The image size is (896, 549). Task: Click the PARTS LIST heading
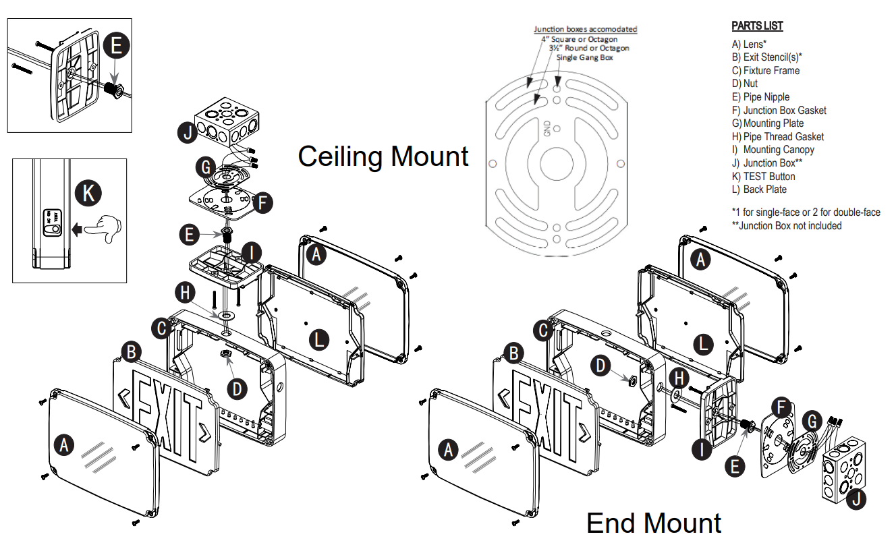pyautogui.click(x=757, y=26)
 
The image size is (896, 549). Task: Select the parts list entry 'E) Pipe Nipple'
pyautogui.click(x=761, y=96)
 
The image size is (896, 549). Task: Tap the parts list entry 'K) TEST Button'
pyautogui.click(x=764, y=176)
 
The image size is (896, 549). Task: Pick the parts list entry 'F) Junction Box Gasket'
pyautogui.click(x=779, y=110)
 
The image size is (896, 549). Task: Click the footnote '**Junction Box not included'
pyautogui.click(x=787, y=225)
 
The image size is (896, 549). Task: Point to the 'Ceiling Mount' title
pyautogui.click(x=383, y=156)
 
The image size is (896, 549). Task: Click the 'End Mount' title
pyautogui.click(x=654, y=523)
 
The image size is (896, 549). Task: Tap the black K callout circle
pyautogui.click(x=88, y=193)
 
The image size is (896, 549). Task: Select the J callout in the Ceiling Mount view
pyautogui.click(x=188, y=133)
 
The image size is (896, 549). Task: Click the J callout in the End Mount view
pyautogui.click(x=856, y=499)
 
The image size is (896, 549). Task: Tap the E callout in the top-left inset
pyautogui.click(x=117, y=45)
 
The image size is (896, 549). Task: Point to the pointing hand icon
pyautogui.click(x=103, y=229)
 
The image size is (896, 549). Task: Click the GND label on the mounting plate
pyautogui.click(x=547, y=128)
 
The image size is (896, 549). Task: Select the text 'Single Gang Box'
pyautogui.click(x=584, y=57)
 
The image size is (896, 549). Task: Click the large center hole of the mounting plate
pyautogui.click(x=557, y=163)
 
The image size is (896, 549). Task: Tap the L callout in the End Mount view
pyautogui.click(x=703, y=345)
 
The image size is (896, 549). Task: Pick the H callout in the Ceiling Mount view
pyautogui.click(x=185, y=292)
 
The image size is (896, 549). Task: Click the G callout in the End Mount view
pyautogui.click(x=812, y=421)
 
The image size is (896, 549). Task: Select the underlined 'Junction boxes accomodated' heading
pyautogui.click(x=585, y=29)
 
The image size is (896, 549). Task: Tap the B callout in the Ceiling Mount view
pyautogui.click(x=131, y=352)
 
